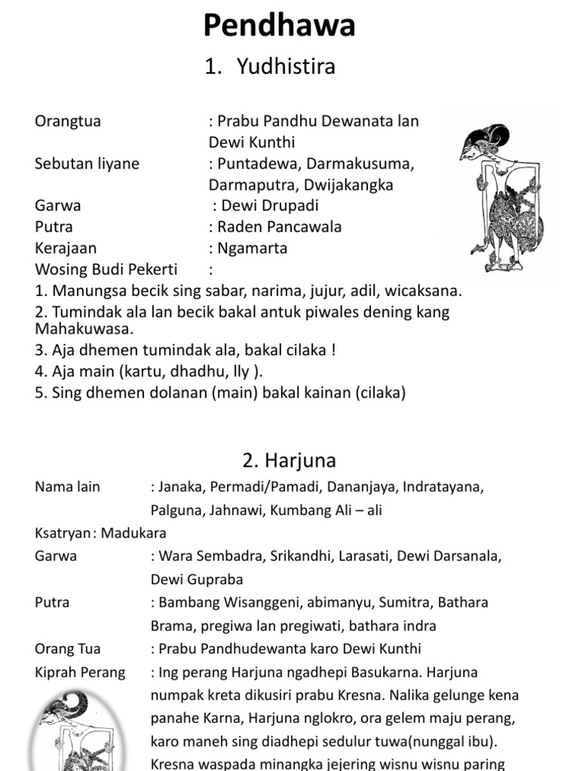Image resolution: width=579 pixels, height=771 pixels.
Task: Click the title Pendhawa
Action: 279,27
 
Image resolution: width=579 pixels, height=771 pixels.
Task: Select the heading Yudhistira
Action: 286,67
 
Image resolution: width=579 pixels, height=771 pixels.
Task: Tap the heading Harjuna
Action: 289,460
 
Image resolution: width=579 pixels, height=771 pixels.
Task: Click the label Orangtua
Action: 68,121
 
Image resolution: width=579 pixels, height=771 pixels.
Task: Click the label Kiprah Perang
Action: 80,672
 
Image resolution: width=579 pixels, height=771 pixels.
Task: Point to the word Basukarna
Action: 446,672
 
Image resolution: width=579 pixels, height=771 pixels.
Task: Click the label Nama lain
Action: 67,487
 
